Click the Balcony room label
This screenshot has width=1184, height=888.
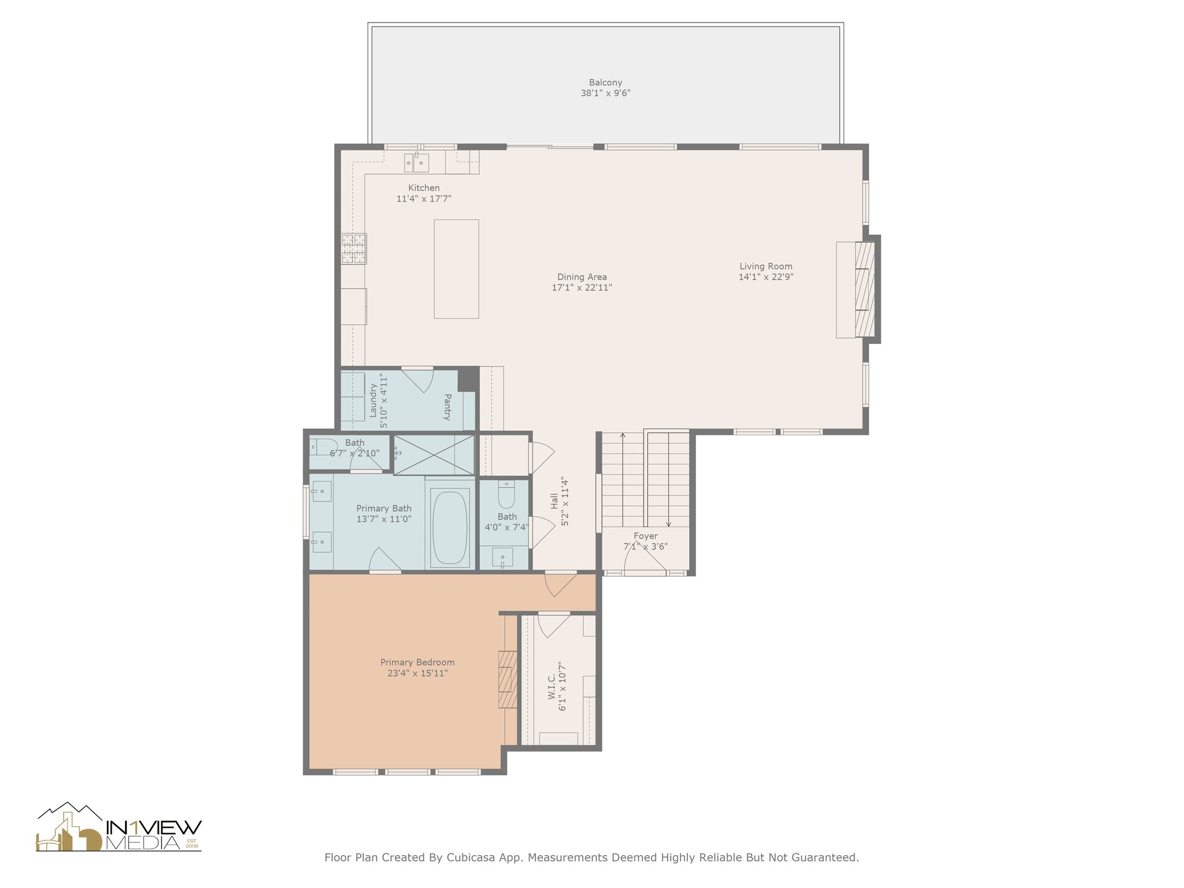(x=605, y=83)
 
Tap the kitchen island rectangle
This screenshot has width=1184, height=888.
(x=456, y=269)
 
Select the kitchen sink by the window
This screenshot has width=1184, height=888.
(x=416, y=162)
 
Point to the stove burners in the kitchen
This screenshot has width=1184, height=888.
(x=353, y=249)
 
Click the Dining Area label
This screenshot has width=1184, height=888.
(x=582, y=277)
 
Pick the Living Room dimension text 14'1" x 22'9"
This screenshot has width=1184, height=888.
(x=766, y=277)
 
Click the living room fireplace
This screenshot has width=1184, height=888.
(x=865, y=289)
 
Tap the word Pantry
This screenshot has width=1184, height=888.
(x=447, y=406)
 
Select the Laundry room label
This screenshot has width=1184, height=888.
(x=373, y=400)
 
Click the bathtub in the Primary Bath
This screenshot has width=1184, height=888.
(x=450, y=527)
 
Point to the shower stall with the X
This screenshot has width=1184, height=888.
(x=434, y=455)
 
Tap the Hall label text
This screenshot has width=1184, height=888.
(x=554, y=501)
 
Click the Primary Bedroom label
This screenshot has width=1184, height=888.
(x=417, y=663)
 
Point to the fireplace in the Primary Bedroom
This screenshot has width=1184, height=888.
(x=508, y=679)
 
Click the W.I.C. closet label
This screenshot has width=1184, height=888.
(x=552, y=686)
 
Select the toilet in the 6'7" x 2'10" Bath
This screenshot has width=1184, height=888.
(x=323, y=446)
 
